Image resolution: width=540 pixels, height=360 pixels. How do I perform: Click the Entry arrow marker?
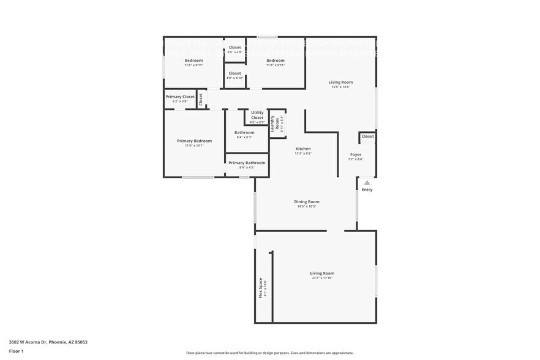point(367,182)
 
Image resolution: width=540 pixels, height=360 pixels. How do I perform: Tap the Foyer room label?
point(356,155)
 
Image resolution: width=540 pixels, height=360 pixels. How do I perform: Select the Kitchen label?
point(303,149)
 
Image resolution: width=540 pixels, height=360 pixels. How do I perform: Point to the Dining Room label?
point(306,202)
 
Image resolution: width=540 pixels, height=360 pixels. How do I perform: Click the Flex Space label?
point(260,288)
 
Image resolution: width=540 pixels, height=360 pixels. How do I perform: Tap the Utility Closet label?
point(257,115)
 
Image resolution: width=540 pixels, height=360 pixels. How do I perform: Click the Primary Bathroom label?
point(247,163)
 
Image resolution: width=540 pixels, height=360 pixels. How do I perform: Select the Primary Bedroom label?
point(194,141)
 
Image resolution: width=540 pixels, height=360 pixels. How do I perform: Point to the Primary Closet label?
point(180,97)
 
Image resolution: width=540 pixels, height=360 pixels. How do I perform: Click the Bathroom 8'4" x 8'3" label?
point(244,133)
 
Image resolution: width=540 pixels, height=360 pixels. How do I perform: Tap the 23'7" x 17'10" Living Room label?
point(322,274)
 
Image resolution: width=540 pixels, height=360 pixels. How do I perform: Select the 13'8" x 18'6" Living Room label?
point(340,83)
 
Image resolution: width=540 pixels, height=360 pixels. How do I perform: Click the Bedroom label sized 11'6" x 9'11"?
point(194,61)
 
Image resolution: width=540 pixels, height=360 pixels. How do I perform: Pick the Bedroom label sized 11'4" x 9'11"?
point(276,61)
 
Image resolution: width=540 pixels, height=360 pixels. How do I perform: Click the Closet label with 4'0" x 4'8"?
point(235,48)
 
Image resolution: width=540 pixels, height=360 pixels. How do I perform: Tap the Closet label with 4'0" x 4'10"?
point(235,73)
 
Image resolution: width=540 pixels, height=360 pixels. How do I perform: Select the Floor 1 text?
point(16,351)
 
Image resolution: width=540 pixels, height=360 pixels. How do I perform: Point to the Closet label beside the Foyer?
point(367,137)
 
